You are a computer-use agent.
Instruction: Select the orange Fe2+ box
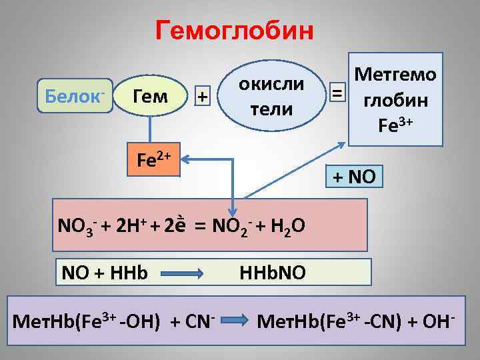point(154,161)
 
